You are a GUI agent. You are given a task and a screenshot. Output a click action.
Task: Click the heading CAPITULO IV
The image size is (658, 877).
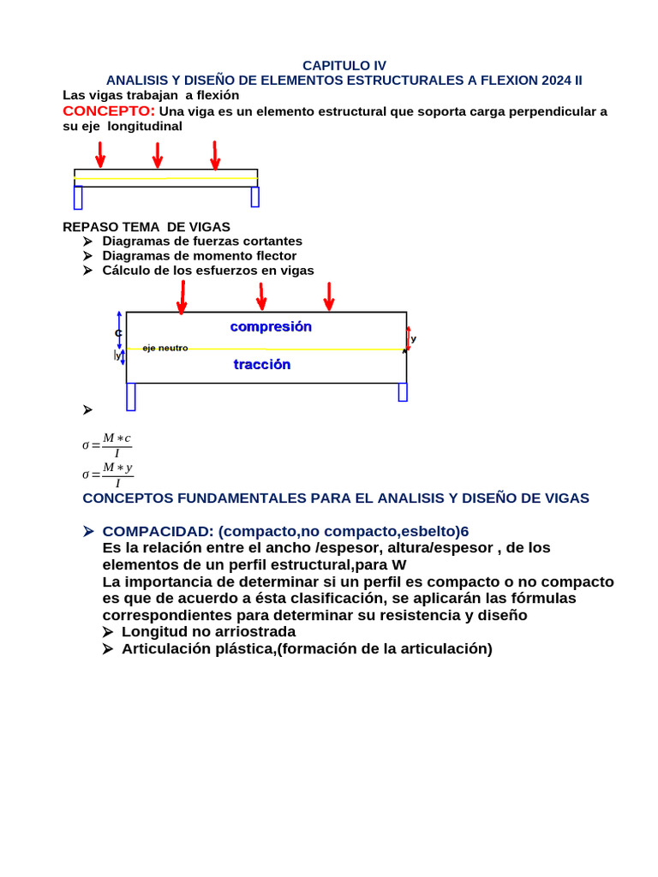coord(344,65)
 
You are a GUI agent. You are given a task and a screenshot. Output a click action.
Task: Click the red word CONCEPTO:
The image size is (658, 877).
coord(109,111)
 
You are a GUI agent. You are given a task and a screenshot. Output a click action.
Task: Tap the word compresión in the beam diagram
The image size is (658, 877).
coord(271,326)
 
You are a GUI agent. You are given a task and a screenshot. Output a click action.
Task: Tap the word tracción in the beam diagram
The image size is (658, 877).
coord(262,364)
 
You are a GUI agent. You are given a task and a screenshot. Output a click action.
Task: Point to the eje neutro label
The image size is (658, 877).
coord(165,348)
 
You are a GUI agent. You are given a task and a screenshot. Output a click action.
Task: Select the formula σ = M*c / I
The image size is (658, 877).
coord(107,444)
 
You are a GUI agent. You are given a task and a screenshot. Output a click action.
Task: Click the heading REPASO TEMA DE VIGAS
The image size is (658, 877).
coord(147,227)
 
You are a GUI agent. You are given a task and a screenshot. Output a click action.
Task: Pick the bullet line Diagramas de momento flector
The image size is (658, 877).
coord(200,255)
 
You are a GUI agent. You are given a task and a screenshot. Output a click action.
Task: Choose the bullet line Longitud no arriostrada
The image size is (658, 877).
coord(208,631)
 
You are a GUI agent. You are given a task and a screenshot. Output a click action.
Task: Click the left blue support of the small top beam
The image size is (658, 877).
coord(78,198)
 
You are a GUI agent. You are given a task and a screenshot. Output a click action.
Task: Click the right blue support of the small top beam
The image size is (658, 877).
coord(254,197)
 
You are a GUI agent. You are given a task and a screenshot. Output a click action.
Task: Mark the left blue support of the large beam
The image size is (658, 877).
coord(131,397)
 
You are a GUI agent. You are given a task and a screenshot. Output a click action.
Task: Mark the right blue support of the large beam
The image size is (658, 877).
coord(403,392)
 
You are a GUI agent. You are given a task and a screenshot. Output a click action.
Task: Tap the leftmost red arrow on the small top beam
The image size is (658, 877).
coord(101,154)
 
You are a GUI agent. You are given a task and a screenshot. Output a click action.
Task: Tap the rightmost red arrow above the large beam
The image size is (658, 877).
coord(328,295)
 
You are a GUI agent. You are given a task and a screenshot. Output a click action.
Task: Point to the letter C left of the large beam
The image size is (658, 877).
coord(118,332)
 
